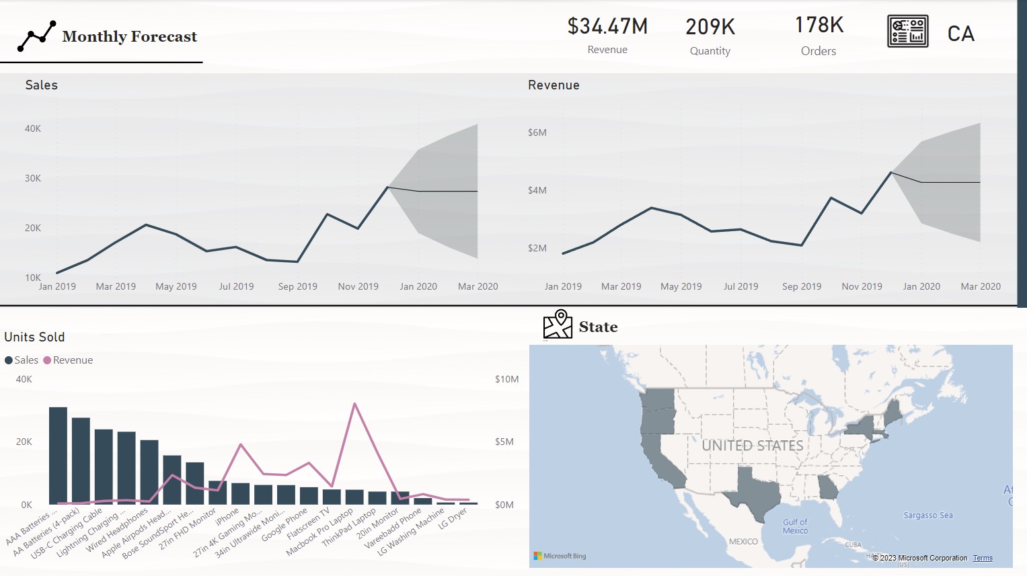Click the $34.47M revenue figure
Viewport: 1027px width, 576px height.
click(x=607, y=26)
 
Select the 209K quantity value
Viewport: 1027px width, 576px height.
click(x=710, y=27)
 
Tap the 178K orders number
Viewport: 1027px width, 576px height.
click(x=819, y=25)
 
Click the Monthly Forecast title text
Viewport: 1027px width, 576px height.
click(x=129, y=36)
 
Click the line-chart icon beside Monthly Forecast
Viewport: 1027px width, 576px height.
click(x=36, y=36)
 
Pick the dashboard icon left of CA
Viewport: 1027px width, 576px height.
click(x=907, y=32)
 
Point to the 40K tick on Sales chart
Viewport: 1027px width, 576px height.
click(x=33, y=128)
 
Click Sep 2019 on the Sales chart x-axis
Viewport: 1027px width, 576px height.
click(x=297, y=286)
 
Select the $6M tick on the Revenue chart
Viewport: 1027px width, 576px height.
click(x=537, y=132)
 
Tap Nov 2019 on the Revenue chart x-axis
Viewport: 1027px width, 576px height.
click(x=862, y=286)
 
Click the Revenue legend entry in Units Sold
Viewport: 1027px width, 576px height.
click(x=73, y=360)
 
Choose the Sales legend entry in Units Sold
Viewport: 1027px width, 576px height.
click(x=26, y=360)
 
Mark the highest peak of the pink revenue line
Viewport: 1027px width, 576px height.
click(x=354, y=404)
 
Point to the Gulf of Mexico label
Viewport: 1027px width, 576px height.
click(x=795, y=526)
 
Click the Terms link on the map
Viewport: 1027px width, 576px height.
click(x=982, y=558)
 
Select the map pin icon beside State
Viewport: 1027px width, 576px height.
click(x=558, y=325)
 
